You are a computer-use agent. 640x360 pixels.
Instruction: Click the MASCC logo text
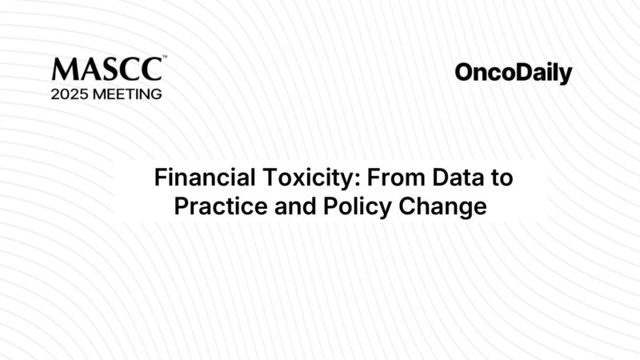[x=106, y=70]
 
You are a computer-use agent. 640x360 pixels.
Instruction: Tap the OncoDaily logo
[x=514, y=74]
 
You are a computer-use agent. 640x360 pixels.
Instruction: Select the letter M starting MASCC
[x=62, y=70]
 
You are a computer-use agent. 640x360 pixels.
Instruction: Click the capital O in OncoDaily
[x=464, y=74]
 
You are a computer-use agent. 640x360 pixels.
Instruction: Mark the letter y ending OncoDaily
[x=566, y=76]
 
